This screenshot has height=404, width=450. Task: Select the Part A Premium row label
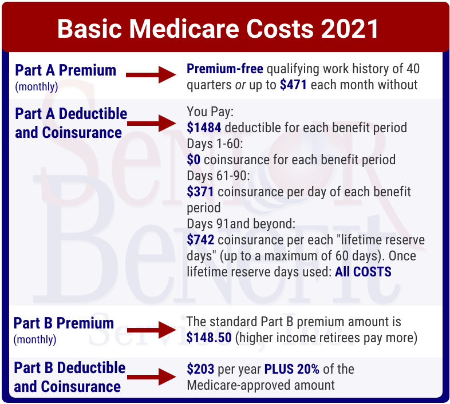tap(65, 71)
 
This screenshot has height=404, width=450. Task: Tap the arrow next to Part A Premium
tap(149, 74)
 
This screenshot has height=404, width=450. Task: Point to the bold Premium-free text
tap(225, 69)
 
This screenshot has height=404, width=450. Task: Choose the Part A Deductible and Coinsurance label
tap(71, 122)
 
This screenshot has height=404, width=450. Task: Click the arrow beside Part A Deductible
tap(151, 122)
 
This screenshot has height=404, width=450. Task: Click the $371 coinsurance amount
tap(200, 191)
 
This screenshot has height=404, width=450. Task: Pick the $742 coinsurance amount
tap(200, 239)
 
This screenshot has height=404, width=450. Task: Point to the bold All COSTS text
tap(363, 272)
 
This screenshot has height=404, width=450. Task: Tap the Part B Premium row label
tap(64, 323)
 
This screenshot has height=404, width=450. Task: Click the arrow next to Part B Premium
tap(149, 330)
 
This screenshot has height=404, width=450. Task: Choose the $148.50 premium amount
tap(209, 338)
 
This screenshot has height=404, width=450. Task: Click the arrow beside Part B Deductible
tap(151, 377)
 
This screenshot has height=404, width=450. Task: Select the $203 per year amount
tap(200, 369)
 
